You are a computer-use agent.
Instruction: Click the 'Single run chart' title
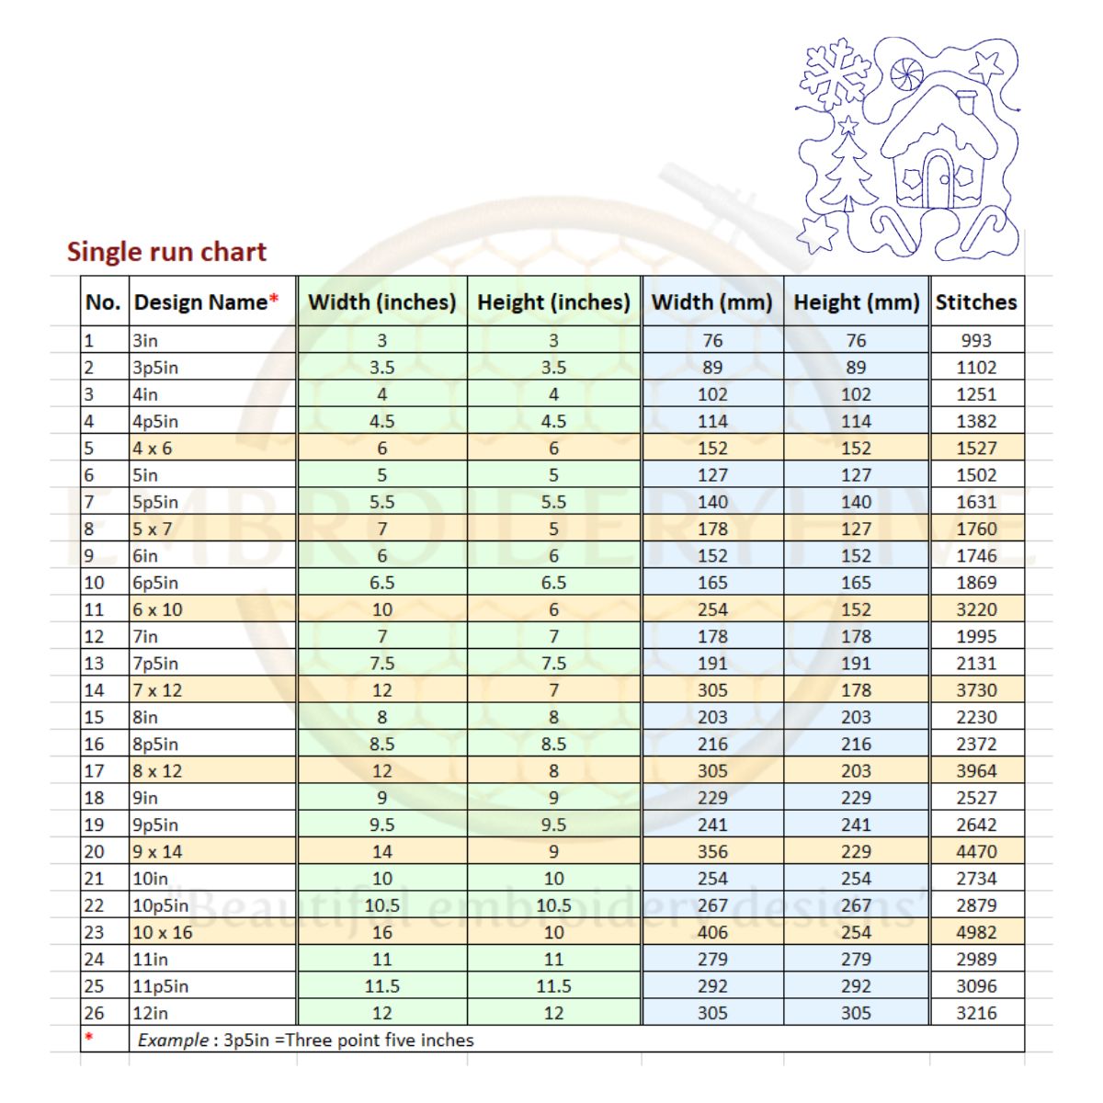(x=166, y=252)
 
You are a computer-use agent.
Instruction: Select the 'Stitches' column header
(x=976, y=302)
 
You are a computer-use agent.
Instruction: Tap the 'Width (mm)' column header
(x=711, y=302)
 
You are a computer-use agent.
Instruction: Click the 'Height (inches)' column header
(x=553, y=302)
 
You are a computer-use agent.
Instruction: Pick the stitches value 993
(x=976, y=340)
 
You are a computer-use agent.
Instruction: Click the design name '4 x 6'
(x=153, y=449)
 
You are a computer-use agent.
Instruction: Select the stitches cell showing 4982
(x=976, y=932)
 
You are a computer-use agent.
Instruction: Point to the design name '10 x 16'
(x=163, y=932)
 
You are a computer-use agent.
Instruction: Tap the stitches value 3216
(x=976, y=1013)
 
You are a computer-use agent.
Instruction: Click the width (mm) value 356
(x=712, y=852)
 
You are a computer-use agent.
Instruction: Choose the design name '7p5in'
(x=155, y=664)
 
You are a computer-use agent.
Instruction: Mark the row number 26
(x=94, y=1013)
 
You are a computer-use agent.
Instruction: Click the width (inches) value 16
(x=382, y=932)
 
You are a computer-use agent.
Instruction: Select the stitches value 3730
(x=976, y=690)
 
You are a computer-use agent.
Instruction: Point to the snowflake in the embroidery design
(x=836, y=72)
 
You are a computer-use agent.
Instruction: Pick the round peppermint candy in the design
(x=905, y=72)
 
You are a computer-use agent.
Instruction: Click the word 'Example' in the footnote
(x=173, y=1040)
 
